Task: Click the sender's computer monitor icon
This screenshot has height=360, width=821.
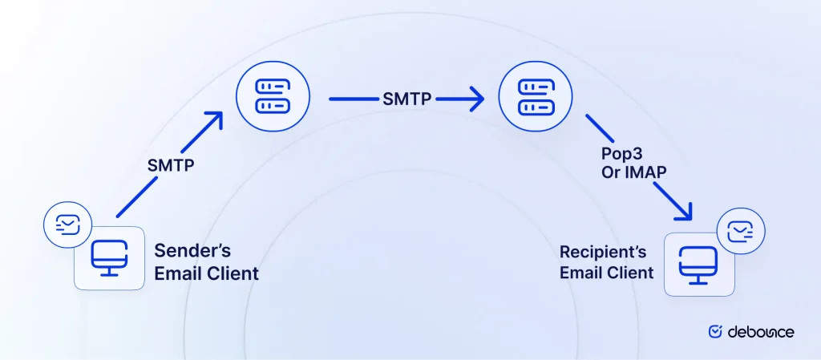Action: [x=103, y=259]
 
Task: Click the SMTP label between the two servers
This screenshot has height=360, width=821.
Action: [x=406, y=99]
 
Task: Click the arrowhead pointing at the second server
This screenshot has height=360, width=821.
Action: [x=476, y=100]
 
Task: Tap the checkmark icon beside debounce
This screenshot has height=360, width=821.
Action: [x=716, y=331]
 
